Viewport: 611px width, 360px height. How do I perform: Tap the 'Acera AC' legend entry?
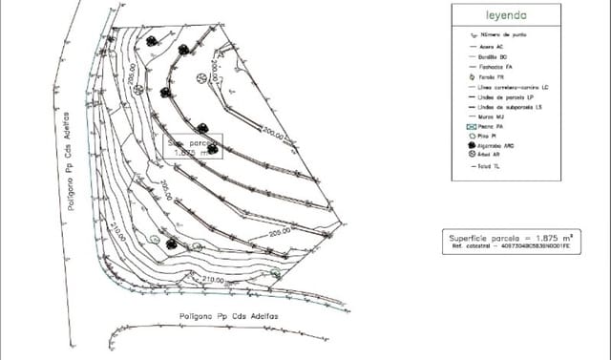497,46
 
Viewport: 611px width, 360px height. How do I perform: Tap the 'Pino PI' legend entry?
491,136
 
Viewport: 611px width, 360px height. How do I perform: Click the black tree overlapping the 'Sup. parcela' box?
213,148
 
